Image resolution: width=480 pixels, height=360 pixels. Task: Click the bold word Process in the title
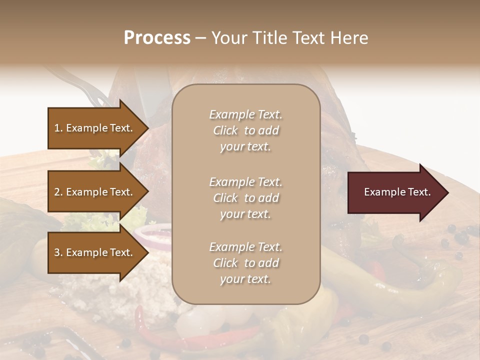coord(157,38)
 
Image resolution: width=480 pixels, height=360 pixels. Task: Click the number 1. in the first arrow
coord(58,128)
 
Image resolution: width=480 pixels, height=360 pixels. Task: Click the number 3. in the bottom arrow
coord(58,252)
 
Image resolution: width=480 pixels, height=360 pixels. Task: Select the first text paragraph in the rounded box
coord(245,130)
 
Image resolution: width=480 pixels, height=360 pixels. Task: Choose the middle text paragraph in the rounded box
coord(245,198)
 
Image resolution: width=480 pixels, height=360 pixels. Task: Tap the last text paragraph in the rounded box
coord(245,263)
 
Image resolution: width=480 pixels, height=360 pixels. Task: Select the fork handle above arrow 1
coord(80,82)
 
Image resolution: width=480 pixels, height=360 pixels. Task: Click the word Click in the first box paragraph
coord(225,130)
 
